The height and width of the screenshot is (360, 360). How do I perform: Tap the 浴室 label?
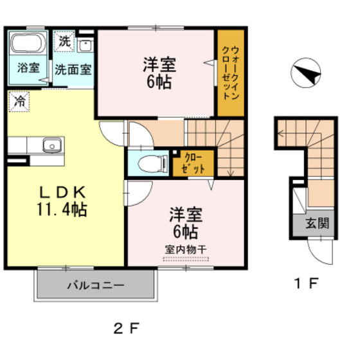[28, 67]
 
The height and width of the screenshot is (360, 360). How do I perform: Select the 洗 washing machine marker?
[64, 41]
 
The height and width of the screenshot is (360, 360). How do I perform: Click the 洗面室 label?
[72, 67]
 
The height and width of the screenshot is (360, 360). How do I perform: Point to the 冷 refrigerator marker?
[20, 100]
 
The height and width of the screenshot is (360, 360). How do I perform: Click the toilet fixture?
[145, 162]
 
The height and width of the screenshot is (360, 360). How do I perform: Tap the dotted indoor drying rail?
[186, 258]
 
